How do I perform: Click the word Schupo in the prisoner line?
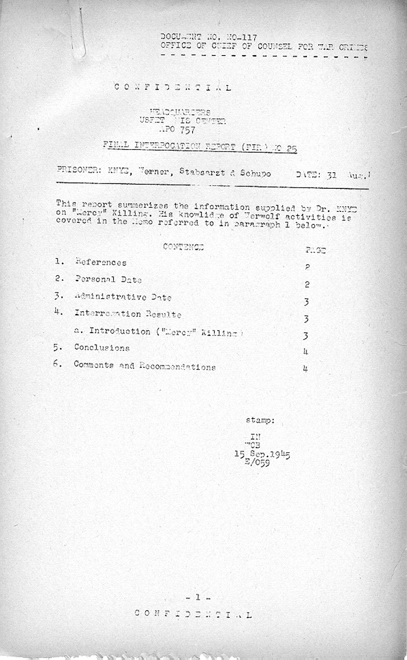(256, 173)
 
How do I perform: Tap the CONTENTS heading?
(183, 247)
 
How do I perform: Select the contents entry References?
(101, 262)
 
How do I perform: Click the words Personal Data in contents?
(108, 280)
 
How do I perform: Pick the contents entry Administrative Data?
(123, 297)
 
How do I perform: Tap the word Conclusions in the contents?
(102, 348)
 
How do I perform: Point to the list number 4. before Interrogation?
(58, 313)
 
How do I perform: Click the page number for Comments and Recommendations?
(306, 368)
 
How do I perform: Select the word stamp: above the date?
(260, 420)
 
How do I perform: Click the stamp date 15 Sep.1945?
(262, 454)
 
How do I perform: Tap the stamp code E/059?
(257, 462)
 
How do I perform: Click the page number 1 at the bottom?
(197, 597)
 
